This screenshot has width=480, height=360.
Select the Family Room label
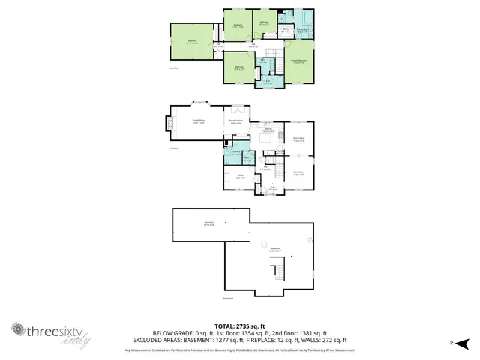click(199, 122)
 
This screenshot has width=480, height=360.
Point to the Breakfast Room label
click(234, 124)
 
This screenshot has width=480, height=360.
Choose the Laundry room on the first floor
click(235, 154)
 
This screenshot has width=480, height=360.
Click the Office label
click(240, 178)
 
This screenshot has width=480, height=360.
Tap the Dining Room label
click(298, 139)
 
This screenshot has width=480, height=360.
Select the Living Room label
click(298, 174)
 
